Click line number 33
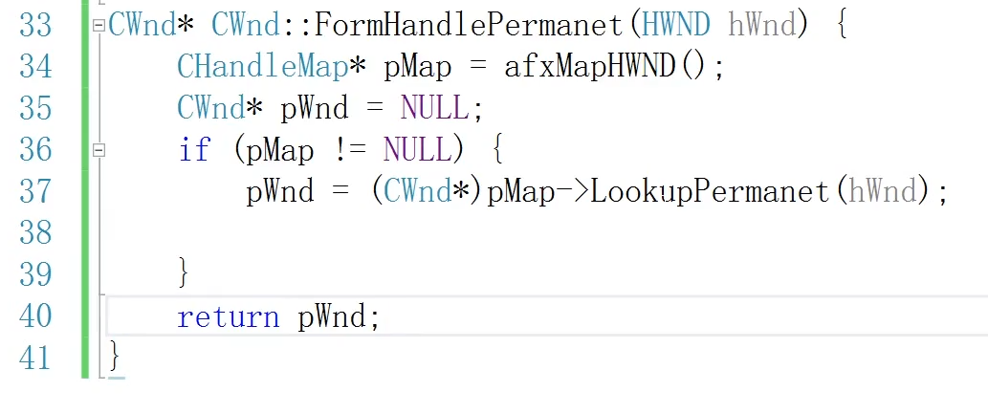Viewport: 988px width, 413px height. [35, 25]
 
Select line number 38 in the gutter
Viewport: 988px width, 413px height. [35, 232]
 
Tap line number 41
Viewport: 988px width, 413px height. [35, 358]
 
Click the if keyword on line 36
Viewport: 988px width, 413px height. [193, 150]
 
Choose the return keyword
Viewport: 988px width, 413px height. [229, 316]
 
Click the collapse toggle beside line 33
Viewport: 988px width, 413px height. [99, 26]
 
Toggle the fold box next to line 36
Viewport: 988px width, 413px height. [99, 150]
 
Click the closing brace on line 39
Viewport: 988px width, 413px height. [185, 274]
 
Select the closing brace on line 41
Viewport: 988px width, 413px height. [116, 358]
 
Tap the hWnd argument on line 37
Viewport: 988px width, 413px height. [883, 191]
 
